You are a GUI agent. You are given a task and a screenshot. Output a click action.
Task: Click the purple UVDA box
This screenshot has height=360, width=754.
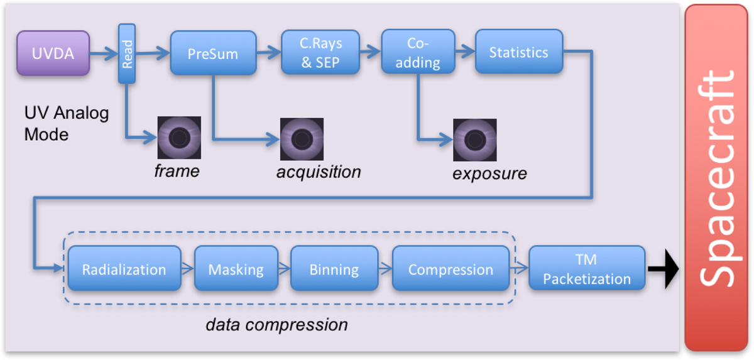click(x=53, y=54)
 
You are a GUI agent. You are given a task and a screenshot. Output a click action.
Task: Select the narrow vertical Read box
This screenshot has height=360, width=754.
click(x=127, y=53)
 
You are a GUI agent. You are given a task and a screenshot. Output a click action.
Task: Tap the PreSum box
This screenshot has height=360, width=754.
click(x=213, y=54)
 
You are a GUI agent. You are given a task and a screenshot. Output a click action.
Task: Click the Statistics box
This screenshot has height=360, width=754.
click(x=518, y=52)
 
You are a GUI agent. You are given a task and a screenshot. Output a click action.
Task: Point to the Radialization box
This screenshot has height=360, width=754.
click(x=124, y=269)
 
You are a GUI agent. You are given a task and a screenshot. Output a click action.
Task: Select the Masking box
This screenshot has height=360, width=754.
click(x=236, y=269)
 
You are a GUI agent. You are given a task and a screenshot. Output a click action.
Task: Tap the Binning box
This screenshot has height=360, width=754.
click(x=334, y=269)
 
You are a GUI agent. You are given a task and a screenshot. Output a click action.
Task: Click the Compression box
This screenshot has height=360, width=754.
click(x=451, y=269)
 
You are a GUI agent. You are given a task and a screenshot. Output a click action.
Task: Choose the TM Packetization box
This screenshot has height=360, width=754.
click(x=586, y=269)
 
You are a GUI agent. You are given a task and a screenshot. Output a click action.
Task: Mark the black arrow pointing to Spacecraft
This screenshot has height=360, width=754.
click(x=664, y=269)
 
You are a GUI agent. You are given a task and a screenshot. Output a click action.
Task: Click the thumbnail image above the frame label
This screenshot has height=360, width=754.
click(x=179, y=137)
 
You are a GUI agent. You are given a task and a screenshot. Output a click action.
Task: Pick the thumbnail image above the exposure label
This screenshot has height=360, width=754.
click(x=475, y=139)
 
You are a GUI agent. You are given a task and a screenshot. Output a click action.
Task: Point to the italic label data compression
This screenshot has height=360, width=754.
click(x=276, y=325)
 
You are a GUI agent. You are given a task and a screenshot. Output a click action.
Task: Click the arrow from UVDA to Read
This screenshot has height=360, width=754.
click(x=104, y=54)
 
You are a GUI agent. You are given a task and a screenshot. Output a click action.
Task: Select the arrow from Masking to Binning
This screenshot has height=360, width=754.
click(x=284, y=269)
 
